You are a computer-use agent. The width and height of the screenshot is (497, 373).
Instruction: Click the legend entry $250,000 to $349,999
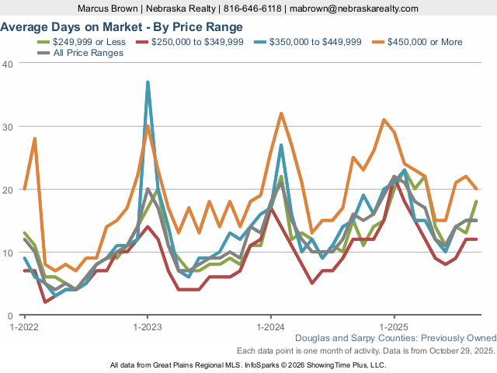coord(198,41)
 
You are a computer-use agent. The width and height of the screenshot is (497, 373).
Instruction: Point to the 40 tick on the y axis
coord(8,63)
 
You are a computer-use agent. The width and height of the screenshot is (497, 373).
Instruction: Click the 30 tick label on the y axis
coord(8,126)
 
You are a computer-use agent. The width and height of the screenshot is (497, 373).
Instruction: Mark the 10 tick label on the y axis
coord(8,253)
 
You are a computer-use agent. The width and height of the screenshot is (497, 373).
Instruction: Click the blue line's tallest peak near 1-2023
coord(148,82)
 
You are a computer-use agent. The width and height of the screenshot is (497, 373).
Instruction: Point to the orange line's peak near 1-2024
coord(281,113)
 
